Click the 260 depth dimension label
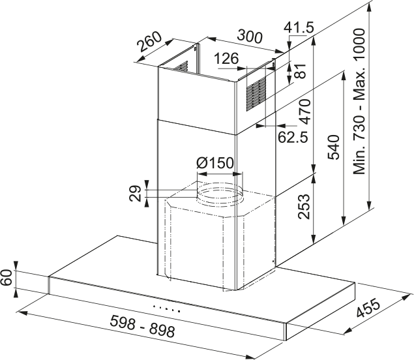(x=150, y=45)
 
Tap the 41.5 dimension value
(x=300, y=27)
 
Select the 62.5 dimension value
(x=292, y=138)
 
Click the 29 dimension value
(x=136, y=193)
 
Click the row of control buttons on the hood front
(x=166, y=307)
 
